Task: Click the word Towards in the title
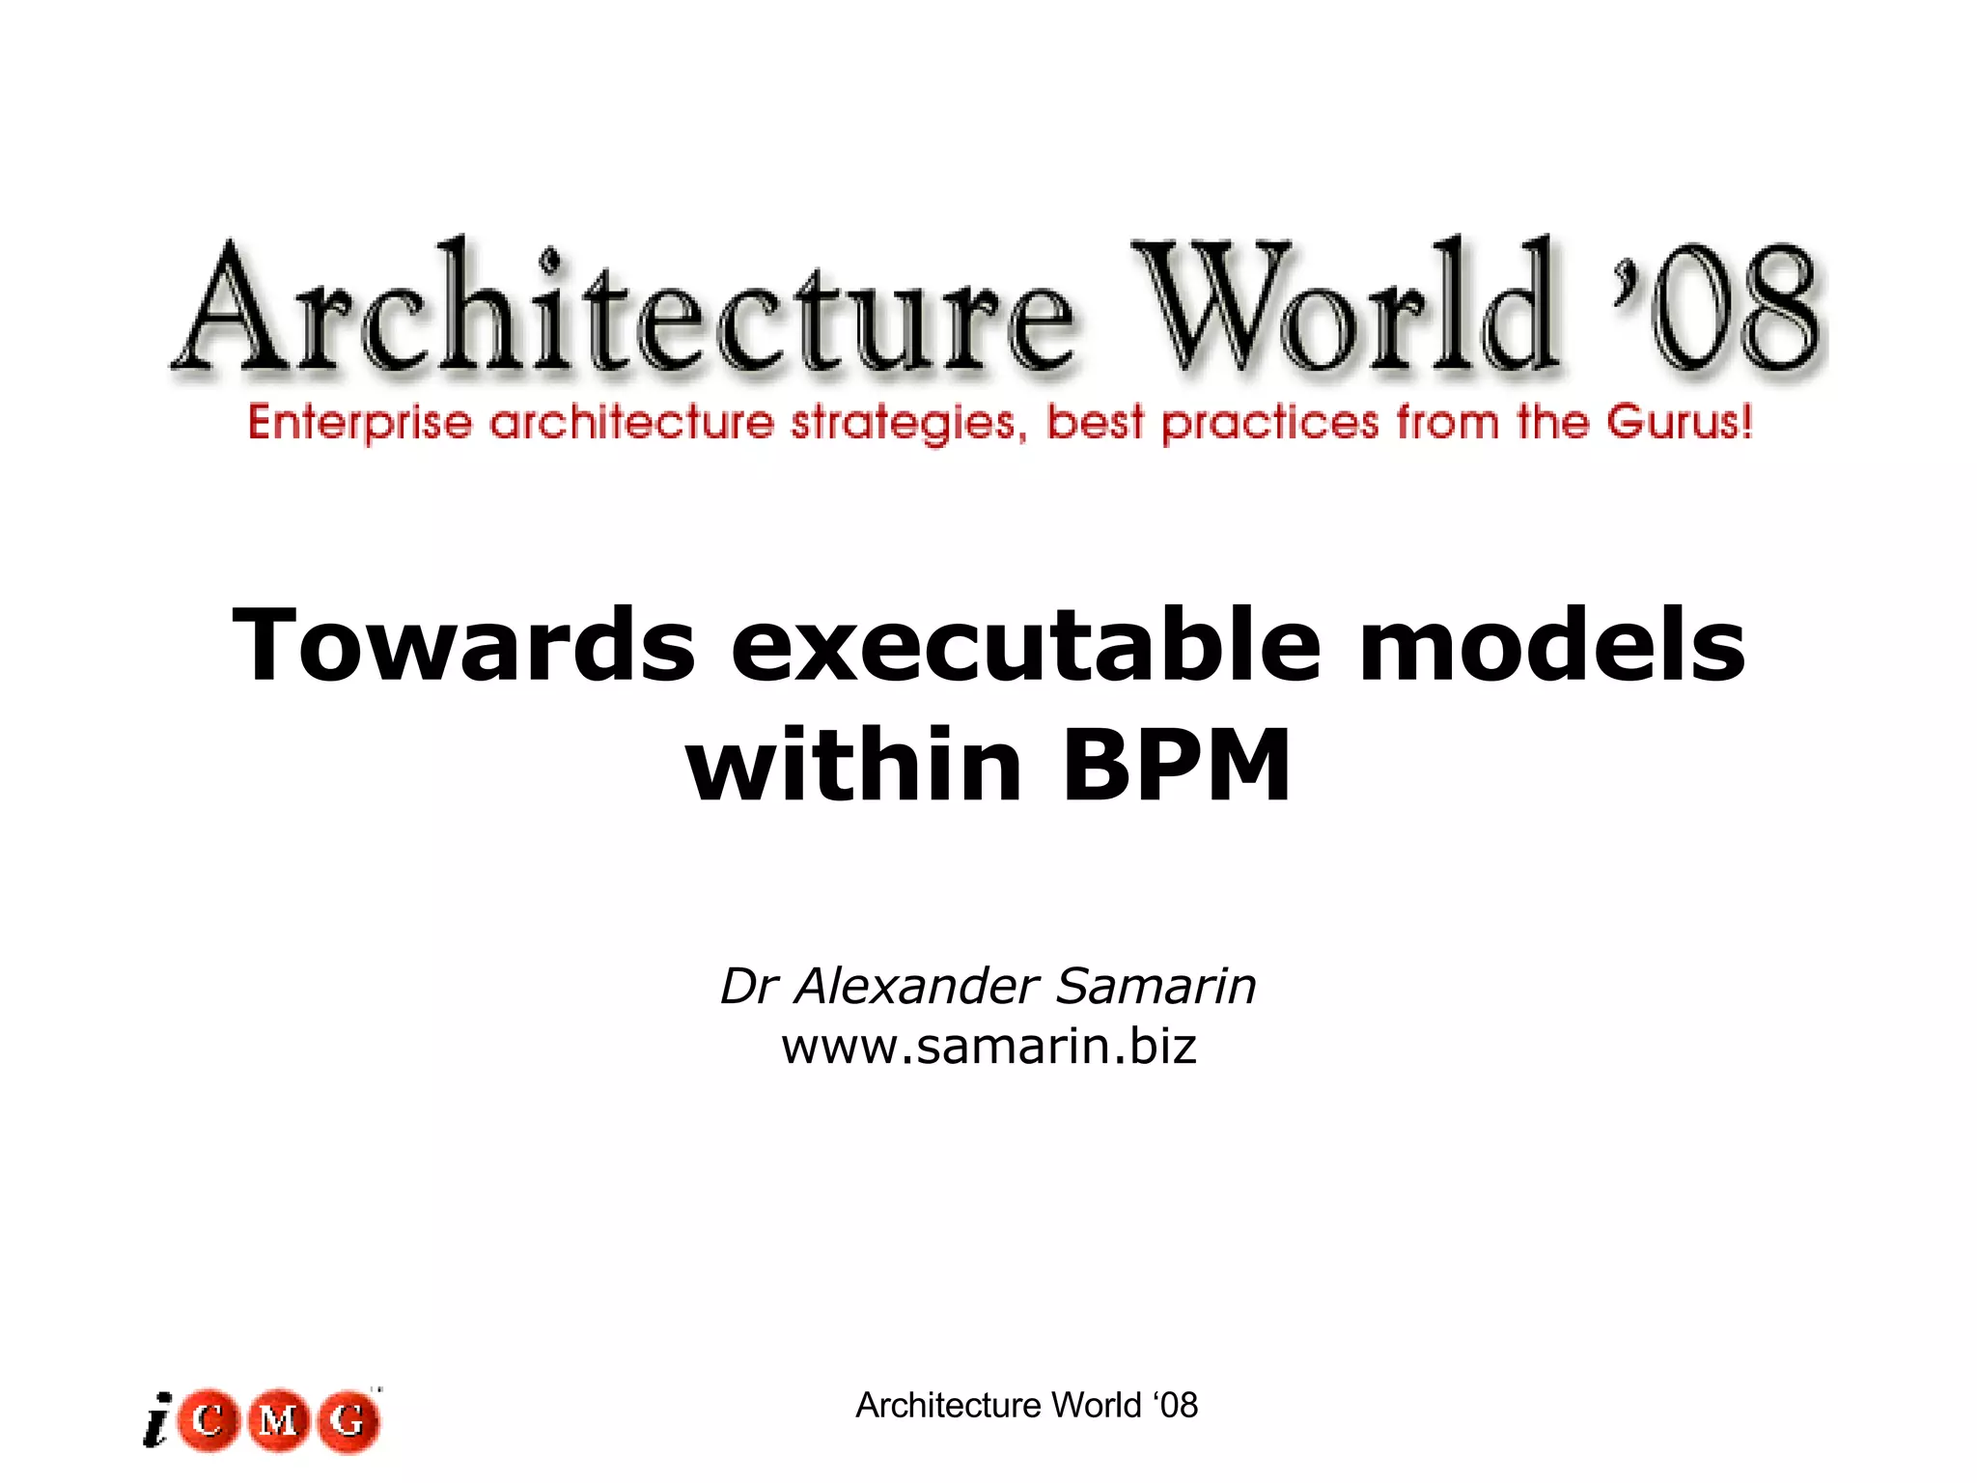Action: coord(463,645)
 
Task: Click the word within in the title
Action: coord(853,765)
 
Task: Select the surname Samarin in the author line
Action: coord(1156,987)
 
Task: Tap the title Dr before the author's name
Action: coord(749,987)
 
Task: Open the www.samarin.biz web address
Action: coord(988,1047)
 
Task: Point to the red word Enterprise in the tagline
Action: coord(359,423)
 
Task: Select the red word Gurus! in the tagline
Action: coord(1680,423)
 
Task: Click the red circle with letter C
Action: coord(208,1421)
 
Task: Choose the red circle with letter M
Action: coord(278,1421)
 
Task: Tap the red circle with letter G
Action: coord(348,1421)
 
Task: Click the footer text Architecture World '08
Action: coord(1026,1406)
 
